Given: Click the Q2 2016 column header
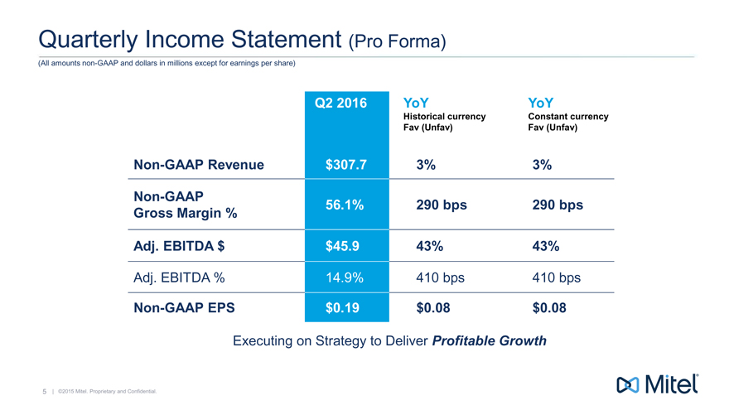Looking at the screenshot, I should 345,104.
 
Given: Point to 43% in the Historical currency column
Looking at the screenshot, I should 432,246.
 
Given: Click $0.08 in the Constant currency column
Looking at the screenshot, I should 551,309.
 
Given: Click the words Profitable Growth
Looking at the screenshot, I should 490,340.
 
